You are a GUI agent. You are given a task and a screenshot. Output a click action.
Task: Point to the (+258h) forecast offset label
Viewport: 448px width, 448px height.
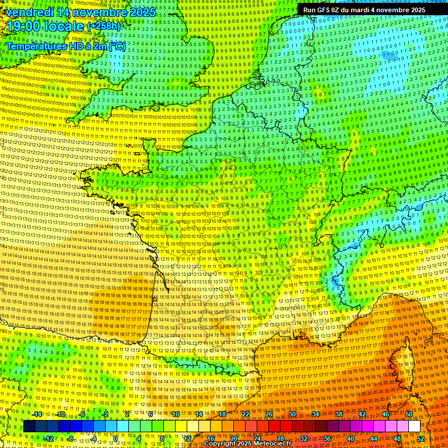pyautogui.click(x=104, y=26)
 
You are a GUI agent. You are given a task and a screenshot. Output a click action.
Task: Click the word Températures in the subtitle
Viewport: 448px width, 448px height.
pyautogui.click(x=35, y=45)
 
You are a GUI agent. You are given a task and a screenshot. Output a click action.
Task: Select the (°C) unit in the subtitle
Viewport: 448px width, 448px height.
pyautogui.click(x=116, y=45)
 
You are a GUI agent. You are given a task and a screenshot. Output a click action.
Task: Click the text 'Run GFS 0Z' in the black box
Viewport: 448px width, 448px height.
pyautogui.click(x=322, y=10)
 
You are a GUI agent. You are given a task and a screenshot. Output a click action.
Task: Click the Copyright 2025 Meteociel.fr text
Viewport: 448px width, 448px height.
pyautogui.click(x=247, y=444)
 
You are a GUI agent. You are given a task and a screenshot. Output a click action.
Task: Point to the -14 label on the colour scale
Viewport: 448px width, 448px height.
pyautogui.click(x=37, y=415)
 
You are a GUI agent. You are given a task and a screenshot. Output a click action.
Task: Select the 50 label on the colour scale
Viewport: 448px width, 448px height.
pyautogui.click(x=409, y=415)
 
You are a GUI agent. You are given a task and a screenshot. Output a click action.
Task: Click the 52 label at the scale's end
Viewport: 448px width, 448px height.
pyautogui.click(x=421, y=438)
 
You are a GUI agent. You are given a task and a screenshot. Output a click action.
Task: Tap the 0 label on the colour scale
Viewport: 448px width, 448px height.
pyautogui.click(x=115, y=438)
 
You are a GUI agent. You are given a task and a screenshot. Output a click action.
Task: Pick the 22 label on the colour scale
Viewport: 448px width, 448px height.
pyautogui.click(x=246, y=415)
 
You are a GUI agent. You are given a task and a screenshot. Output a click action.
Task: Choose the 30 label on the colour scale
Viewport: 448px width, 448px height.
pyautogui.click(x=292, y=415)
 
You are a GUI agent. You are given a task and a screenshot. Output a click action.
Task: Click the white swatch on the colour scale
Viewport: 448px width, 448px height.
pyautogui.click(x=414, y=426)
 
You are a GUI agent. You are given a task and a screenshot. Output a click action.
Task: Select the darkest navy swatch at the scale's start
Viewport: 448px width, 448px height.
pyautogui.click(x=29, y=426)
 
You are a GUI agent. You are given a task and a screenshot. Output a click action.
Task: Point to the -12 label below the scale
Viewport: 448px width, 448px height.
pyautogui.click(x=48, y=438)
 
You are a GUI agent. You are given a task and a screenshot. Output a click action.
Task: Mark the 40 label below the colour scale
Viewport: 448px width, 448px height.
pyautogui.click(x=351, y=438)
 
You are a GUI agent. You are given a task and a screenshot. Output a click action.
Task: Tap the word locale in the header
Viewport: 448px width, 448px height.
pyautogui.click(x=64, y=26)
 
